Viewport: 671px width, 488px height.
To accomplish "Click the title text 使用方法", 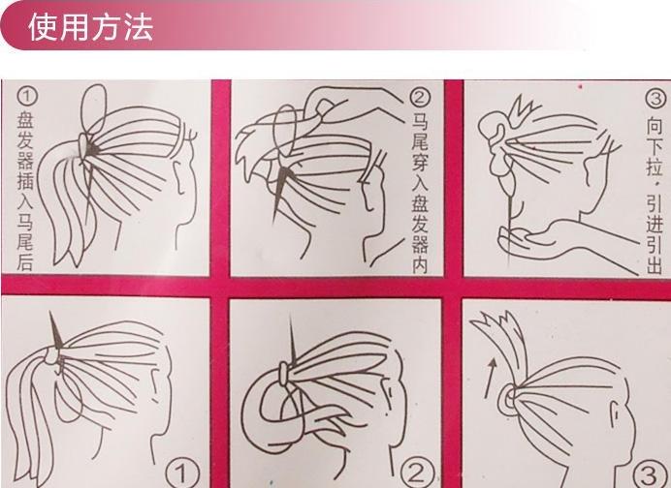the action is pos(90,27).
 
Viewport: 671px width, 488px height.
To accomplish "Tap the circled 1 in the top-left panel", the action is pos(27,97).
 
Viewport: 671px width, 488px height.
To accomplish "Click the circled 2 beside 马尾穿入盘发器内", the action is pos(420,98).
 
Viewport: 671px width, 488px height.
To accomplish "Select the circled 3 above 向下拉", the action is pos(655,99).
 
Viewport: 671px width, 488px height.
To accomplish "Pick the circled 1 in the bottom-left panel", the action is pos(182,473).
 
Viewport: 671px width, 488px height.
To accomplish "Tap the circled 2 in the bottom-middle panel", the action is pos(417,473).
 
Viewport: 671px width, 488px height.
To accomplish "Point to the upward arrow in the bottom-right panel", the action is pos(491,378).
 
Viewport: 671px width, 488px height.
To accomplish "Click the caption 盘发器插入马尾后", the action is pos(25,192).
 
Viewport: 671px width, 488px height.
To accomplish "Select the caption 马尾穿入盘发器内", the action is pos(420,193).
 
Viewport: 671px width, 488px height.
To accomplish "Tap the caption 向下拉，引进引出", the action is pos(655,195).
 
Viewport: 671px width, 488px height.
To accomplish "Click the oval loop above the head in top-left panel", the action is pos(93,109).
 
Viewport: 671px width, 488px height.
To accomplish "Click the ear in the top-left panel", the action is pos(178,176).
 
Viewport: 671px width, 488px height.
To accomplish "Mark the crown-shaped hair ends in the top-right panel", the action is pos(521,110).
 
